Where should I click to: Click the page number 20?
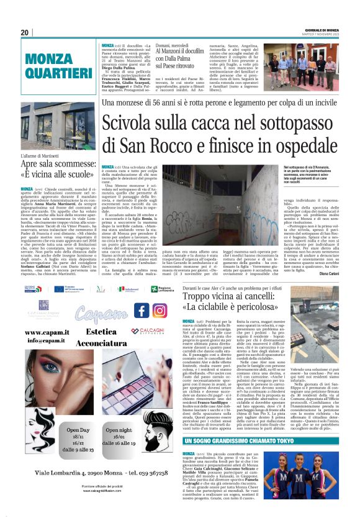[x=25, y=33]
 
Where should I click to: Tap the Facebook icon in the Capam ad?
[x=142, y=311]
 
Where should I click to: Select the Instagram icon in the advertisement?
[x=160, y=311]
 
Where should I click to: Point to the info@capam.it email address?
[x=46, y=340]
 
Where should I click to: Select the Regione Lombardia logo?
[x=161, y=289]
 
